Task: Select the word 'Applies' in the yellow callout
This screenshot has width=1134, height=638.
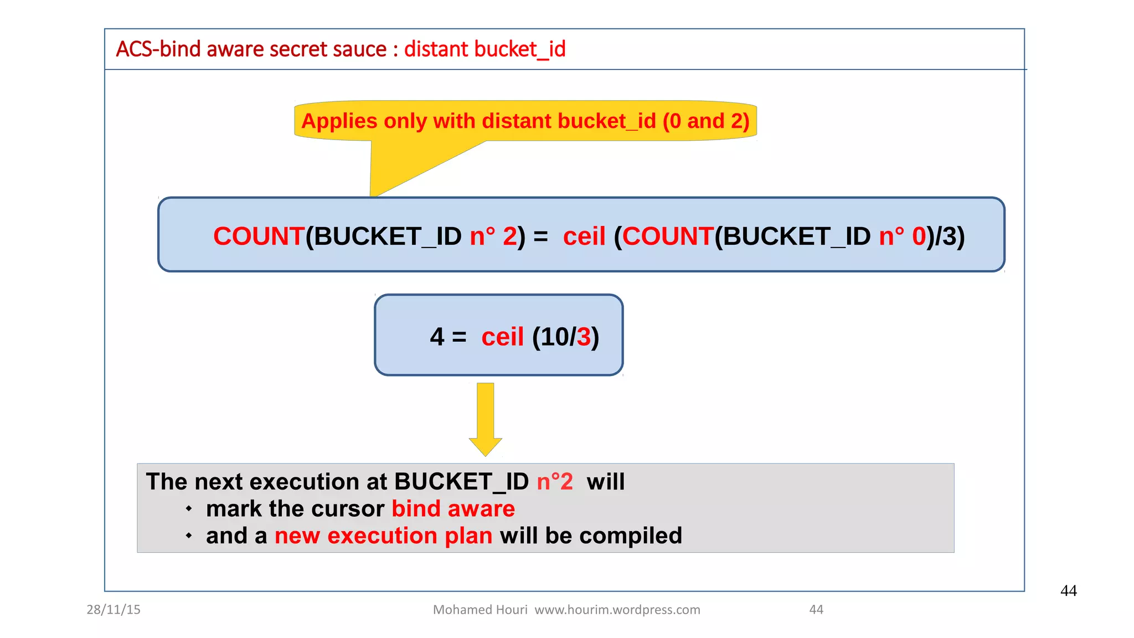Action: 338,121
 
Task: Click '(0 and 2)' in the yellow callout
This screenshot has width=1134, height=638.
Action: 706,121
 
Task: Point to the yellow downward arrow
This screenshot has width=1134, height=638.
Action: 486,418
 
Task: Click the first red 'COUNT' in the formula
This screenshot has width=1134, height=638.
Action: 259,236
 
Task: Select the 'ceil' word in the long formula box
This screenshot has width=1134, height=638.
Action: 584,236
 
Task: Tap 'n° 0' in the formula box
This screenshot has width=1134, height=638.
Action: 902,236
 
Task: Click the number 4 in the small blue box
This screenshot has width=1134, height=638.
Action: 437,337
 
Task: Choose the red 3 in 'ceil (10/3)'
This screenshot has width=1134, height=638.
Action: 584,337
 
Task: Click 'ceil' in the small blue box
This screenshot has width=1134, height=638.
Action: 502,337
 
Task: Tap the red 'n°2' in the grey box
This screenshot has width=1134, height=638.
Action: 555,482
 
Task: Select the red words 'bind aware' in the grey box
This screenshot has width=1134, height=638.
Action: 453,509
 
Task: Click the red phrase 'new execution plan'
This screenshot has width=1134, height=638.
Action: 384,536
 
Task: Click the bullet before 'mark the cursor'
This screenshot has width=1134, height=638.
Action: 189,508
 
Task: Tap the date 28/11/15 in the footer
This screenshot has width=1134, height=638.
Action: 114,610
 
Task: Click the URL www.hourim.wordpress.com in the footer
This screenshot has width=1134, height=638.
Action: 617,610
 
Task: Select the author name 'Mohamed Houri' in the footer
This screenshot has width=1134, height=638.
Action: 480,610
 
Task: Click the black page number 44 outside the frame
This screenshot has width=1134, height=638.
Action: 1068,591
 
